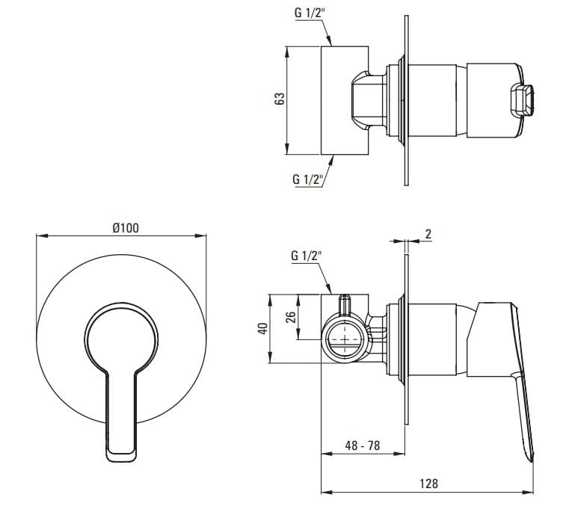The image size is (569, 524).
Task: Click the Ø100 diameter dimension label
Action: click(126, 228)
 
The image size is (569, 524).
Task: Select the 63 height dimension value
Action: click(280, 99)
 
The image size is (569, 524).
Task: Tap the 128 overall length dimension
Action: click(428, 484)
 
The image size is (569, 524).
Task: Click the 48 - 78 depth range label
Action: click(362, 446)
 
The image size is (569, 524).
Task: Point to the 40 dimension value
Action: click(262, 328)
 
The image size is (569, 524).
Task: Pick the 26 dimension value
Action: click(290, 317)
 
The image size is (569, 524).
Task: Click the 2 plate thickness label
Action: click(428, 234)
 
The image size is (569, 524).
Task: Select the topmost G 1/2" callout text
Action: click(310, 13)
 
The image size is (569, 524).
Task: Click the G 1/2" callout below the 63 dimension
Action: click(308, 179)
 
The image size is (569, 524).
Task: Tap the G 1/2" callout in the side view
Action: click(307, 256)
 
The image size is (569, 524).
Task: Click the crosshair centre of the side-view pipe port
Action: click(344, 339)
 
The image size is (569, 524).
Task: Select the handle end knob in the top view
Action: click(522, 100)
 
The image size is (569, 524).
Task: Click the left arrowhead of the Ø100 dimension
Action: click(41, 236)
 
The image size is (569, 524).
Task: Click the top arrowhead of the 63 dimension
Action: click(286, 52)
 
